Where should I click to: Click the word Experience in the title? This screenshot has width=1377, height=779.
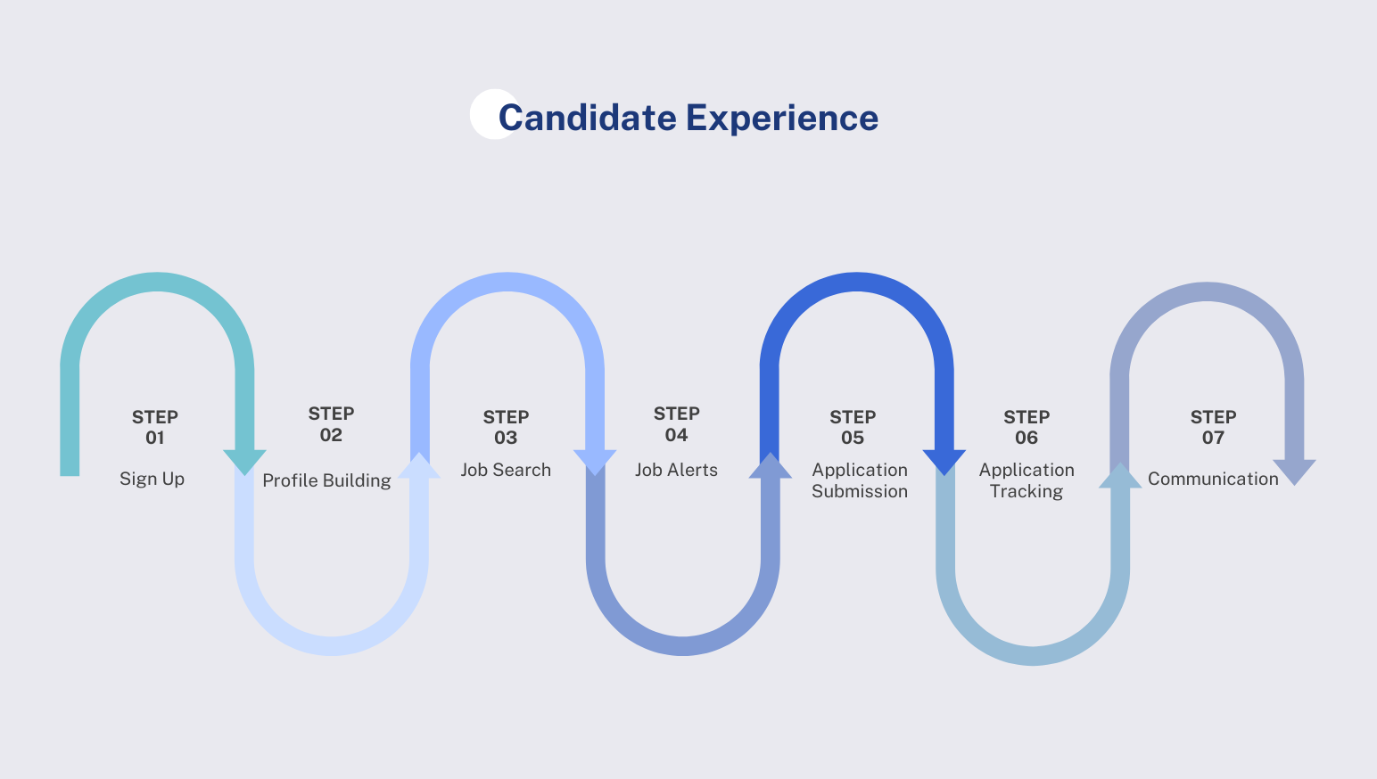tap(782, 118)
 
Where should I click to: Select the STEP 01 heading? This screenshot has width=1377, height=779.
tap(155, 427)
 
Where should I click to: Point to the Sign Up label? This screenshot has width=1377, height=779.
tap(152, 479)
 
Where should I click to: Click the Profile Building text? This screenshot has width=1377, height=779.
tap(326, 480)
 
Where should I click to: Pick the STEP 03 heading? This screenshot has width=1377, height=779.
tap(506, 427)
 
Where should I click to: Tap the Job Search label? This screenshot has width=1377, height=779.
tap(506, 470)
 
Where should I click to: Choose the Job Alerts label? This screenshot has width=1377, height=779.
tap(676, 470)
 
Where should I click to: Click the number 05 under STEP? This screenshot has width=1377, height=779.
tap(853, 438)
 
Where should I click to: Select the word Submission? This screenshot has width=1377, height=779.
tap(860, 491)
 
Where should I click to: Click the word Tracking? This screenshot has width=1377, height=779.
tap(1027, 491)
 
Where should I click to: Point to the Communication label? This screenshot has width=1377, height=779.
tap(1213, 479)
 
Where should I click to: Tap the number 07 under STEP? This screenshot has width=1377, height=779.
tap(1213, 438)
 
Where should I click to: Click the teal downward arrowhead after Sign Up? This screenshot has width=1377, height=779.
tap(244, 461)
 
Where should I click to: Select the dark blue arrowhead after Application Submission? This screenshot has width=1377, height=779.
tap(944, 461)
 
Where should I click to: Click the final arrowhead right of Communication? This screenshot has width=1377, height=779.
tap(1294, 471)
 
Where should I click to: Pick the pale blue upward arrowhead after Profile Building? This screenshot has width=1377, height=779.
tap(419, 465)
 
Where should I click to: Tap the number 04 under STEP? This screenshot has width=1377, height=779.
tap(676, 435)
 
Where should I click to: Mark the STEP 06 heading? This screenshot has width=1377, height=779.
tap(1027, 427)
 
